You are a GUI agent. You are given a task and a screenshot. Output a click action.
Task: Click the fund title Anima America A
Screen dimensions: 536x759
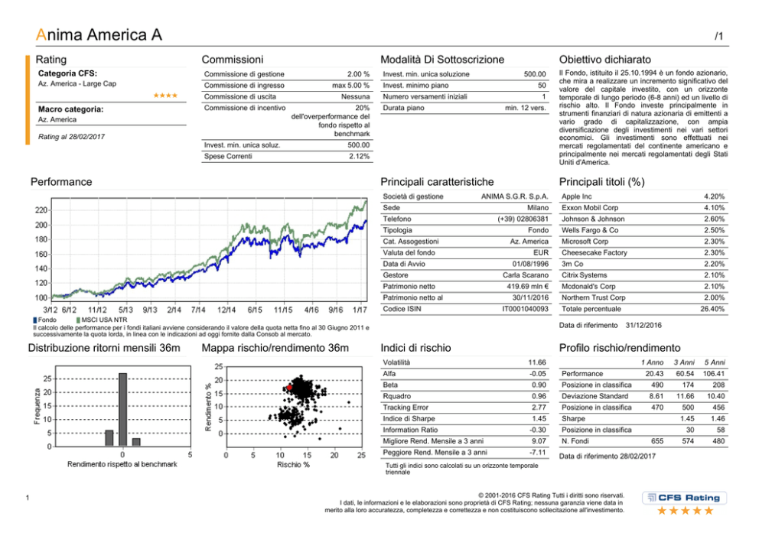(x=99, y=34)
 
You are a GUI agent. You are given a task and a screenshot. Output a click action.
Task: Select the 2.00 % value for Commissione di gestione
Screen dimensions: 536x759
(x=359, y=74)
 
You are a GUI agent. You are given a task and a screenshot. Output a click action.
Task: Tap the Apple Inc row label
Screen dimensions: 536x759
(x=577, y=197)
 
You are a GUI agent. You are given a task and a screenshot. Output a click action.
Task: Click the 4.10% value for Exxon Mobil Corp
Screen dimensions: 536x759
(x=714, y=208)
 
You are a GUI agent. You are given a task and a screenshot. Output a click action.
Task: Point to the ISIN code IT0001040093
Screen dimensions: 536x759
(x=523, y=308)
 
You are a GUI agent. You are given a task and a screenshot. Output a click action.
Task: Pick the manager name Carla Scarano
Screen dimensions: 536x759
(x=526, y=274)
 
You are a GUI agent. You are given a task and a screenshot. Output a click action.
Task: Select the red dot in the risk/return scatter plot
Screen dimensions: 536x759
(x=289, y=388)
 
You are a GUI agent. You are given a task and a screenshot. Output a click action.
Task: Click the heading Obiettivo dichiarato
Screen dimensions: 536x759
(x=605, y=59)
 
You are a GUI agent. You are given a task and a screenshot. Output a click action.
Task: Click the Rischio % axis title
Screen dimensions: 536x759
(x=293, y=464)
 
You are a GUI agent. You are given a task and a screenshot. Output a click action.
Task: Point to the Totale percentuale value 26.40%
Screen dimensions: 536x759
(x=713, y=308)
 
